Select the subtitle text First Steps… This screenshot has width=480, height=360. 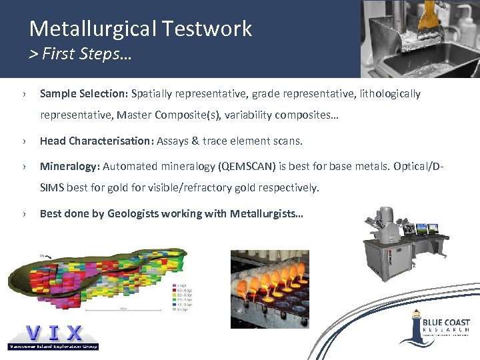87,54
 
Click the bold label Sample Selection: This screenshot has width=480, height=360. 84,94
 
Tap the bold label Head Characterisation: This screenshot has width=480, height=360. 97,141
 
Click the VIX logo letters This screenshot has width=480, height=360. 53,332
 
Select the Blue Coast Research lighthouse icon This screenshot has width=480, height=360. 415,327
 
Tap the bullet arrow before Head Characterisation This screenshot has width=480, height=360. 25,141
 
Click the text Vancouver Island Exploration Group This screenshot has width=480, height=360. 53,346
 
